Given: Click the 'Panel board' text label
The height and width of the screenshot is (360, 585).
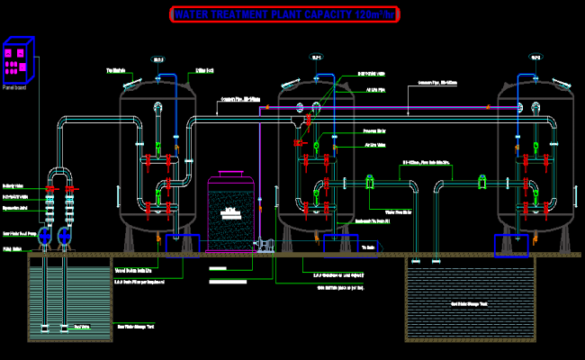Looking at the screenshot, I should [x=15, y=87].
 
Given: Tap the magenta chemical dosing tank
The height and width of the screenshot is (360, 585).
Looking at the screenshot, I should [x=231, y=213].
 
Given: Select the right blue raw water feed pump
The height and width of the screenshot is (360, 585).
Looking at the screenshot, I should [x=66, y=237].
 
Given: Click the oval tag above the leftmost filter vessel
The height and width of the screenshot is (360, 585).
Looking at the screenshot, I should [x=158, y=59].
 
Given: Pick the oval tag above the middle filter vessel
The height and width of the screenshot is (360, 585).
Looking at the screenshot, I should [x=317, y=58].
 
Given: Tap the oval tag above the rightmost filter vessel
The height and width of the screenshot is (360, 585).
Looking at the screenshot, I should [x=535, y=58].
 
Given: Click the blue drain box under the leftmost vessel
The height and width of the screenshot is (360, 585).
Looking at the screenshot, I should [x=184, y=245].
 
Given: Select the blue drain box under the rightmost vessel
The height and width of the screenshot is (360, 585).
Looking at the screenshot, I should [x=511, y=245].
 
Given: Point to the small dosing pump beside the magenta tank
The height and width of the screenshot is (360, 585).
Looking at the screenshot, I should [x=266, y=245].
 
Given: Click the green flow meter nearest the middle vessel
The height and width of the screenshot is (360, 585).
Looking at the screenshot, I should [x=370, y=184].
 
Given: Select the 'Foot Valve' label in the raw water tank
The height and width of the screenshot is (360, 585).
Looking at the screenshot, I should [x=82, y=326].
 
